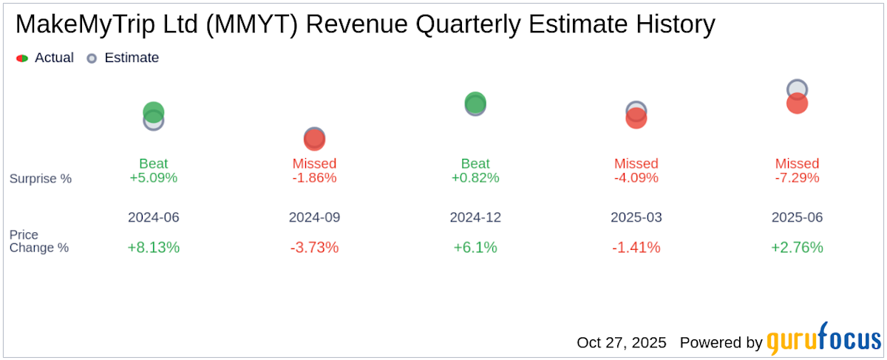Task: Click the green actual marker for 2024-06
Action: pyautogui.click(x=153, y=112)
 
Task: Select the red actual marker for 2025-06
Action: pyautogui.click(x=797, y=104)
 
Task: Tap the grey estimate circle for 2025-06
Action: pyautogui.click(x=797, y=89)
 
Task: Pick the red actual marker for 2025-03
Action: pyautogui.click(x=636, y=118)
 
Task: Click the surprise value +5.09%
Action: pyautogui.click(x=154, y=178)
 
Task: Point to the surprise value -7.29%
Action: pyautogui.click(x=797, y=178)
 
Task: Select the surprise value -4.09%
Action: pyautogui.click(x=636, y=178)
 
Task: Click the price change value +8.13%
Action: pyautogui.click(x=154, y=248)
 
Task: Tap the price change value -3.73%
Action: pyautogui.click(x=314, y=248)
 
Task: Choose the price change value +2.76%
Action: pyautogui.click(x=797, y=248)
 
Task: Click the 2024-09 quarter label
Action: pyautogui.click(x=314, y=218)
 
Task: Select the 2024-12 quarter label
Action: pyautogui.click(x=475, y=218)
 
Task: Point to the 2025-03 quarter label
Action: pyautogui.click(x=636, y=218)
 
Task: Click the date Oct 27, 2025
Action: pyautogui.click(x=621, y=343)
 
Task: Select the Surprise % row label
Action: pyautogui.click(x=41, y=178)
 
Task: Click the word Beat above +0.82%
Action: pyautogui.click(x=475, y=163)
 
